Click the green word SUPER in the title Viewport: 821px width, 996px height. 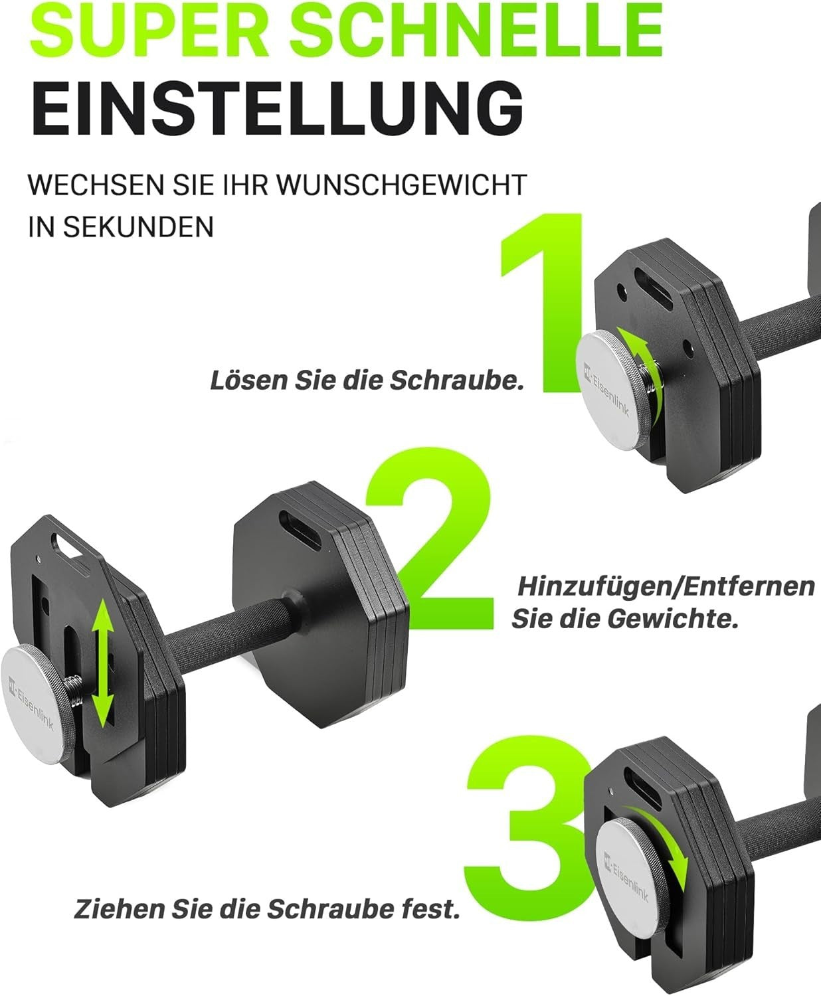coord(149,30)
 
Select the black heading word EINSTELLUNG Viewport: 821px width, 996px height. coord(277,110)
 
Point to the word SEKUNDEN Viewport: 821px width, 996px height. coord(138,226)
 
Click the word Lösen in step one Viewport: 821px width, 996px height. coord(248,380)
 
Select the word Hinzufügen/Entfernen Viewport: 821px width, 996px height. coord(666,587)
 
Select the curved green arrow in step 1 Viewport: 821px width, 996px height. coord(640,372)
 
